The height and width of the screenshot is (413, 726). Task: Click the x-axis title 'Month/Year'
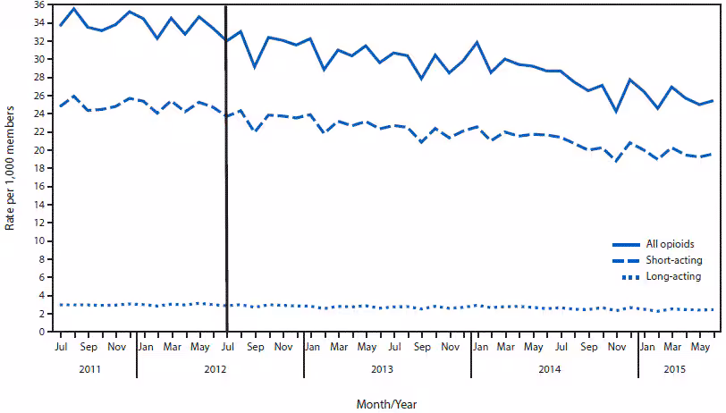pyautogui.click(x=386, y=403)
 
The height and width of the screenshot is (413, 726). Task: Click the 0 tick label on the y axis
pyautogui.click(x=40, y=332)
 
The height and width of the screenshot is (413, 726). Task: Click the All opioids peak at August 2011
pyautogui.click(x=74, y=8)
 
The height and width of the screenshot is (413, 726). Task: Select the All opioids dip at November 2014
pyautogui.click(x=616, y=112)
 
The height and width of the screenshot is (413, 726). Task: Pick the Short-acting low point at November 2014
pyautogui.click(x=616, y=161)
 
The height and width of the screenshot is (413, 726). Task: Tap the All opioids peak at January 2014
pyautogui.click(x=477, y=42)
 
